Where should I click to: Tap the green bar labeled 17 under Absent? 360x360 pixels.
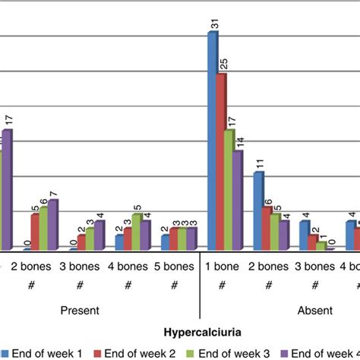(x=230, y=189)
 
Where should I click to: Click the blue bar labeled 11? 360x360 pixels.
(x=259, y=210)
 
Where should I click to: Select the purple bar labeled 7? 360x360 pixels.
(x=52, y=224)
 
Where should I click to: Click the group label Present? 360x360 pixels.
(x=80, y=311)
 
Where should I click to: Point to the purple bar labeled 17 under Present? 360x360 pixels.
(x=7, y=189)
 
